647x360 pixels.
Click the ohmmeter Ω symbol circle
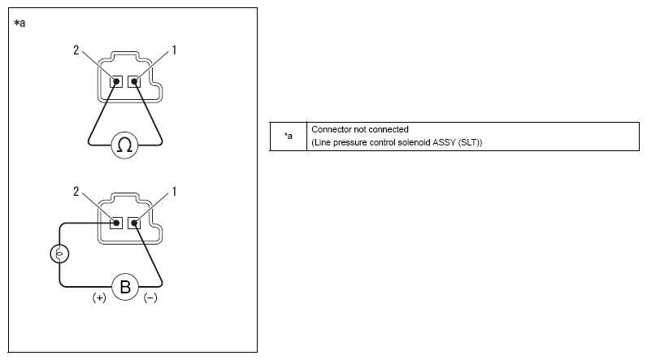[x=124, y=145]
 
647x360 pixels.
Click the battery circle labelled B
[x=125, y=287]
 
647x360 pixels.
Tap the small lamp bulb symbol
[x=59, y=254]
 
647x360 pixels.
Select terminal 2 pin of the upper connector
[x=116, y=81]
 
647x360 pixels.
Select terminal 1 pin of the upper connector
[x=134, y=81]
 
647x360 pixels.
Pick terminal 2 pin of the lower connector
[x=116, y=223]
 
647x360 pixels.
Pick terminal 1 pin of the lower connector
[x=134, y=223]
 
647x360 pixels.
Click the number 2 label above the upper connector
[x=76, y=50]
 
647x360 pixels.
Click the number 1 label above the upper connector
[x=174, y=50]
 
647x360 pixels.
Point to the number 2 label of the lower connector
[x=76, y=191]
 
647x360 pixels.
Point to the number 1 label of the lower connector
[x=174, y=191]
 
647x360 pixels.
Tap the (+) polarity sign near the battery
[x=99, y=297]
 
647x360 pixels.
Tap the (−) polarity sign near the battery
[x=150, y=297]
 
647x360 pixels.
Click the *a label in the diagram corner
[x=20, y=23]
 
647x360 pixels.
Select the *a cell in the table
[x=289, y=137]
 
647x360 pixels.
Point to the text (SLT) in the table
[x=470, y=143]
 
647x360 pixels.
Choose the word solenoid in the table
[x=414, y=143]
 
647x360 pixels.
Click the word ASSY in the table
[x=444, y=143]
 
